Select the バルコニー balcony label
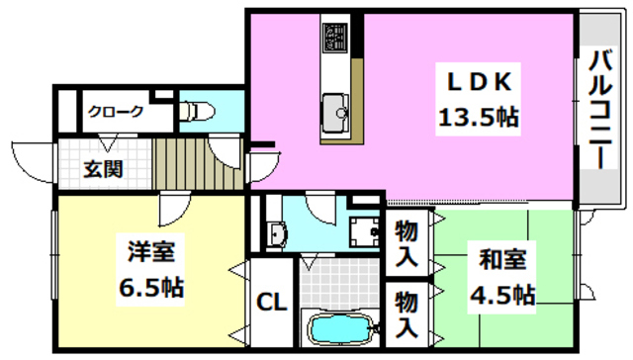point(599,108)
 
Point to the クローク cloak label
point(117,112)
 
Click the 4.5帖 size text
point(502,295)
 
